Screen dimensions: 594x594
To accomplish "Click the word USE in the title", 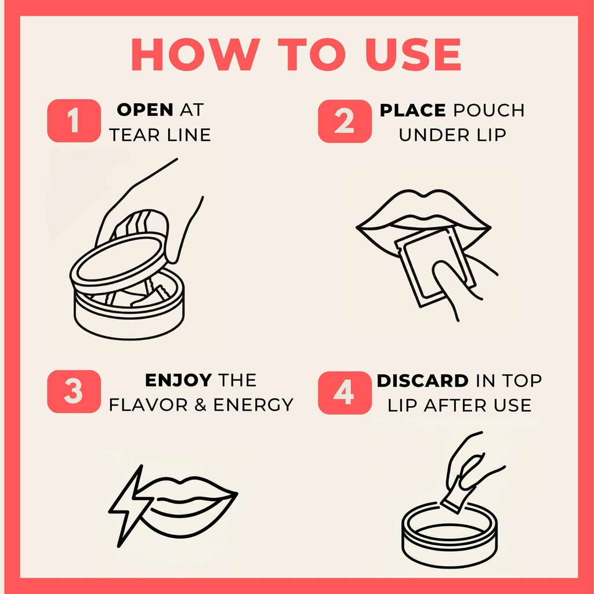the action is (413, 54).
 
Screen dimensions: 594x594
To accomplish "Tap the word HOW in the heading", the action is (195, 54).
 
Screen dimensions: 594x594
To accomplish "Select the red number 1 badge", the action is (74, 121).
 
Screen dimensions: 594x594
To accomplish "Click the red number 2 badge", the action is (345, 121).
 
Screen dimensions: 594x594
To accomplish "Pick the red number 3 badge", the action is (74, 392).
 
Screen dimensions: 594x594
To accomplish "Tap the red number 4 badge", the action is (345, 393).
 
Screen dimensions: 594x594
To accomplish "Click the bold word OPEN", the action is (145, 110).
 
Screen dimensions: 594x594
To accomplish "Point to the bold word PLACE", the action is (412, 110).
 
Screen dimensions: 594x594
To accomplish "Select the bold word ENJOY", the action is (178, 380).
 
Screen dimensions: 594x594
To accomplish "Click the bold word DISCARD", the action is (422, 381).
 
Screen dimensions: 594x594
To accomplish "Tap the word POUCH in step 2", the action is (489, 110).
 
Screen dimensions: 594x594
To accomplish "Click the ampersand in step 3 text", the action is (200, 405).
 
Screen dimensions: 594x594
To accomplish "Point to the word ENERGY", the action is (253, 405).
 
